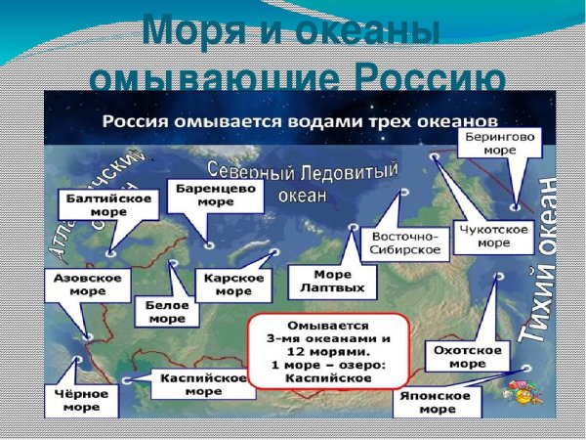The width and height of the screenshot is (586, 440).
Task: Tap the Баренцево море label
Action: tap(214, 194)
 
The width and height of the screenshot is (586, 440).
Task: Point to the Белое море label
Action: tap(167, 311)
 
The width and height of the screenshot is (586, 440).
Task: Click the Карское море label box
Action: tap(233, 285)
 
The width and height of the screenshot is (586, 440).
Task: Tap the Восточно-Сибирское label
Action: tap(404, 243)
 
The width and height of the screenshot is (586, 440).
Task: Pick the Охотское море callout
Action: tap(463, 356)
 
